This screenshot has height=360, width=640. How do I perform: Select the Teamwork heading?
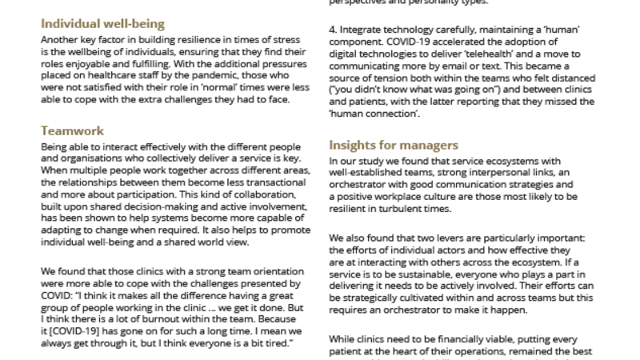pos(72,130)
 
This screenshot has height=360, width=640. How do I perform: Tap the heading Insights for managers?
pos(394,145)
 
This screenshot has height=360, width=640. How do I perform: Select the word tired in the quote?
pos(269,342)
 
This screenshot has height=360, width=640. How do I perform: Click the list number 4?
pos(333,30)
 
